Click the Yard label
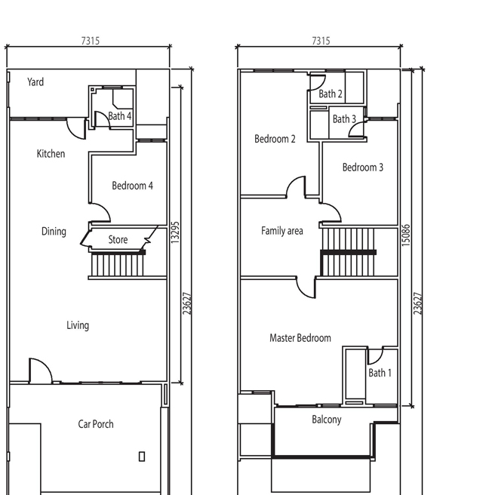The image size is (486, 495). pyautogui.click(x=35, y=82)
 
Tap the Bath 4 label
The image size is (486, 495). pyautogui.click(x=120, y=116)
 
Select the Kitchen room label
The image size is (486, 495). pyautogui.click(x=51, y=154)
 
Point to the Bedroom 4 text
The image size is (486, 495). pyautogui.click(x=132, y=186)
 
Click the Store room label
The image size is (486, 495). pyautogui.click(x=118, y=240)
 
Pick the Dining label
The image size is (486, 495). pyautogui.click(x=54, y=232)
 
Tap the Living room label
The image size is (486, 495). pyautogui.click(x=78, y=325)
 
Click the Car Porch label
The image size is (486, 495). pyautogui.click(x=96, y=424)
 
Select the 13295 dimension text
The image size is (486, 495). pyautogui.click(x=175, y=232)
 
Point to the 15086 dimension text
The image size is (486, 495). pyautogui.click(x=406, y=235)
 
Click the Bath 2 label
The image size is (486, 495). pyautogui.click(x=331, y=94)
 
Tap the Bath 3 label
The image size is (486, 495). pyautogui.click(x=344, y=119)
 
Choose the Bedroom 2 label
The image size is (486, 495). pyautogui.click(x=275, y=139)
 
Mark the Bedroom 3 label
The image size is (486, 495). pyautogui.click(x=363, y=168)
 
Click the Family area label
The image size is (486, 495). pyautogui.click(x=282, y=231)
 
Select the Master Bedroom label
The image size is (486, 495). pyautogui.click(x=300, y=338)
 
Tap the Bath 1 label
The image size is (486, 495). pyautogui.click(x=380, y=373)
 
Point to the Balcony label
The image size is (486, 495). pyautogui.click(x=327, y=420)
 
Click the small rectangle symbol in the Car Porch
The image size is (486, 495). pyautogui.click(x=142, y=457)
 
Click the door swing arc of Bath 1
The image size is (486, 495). pyautogui.click(x=378, y=359)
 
